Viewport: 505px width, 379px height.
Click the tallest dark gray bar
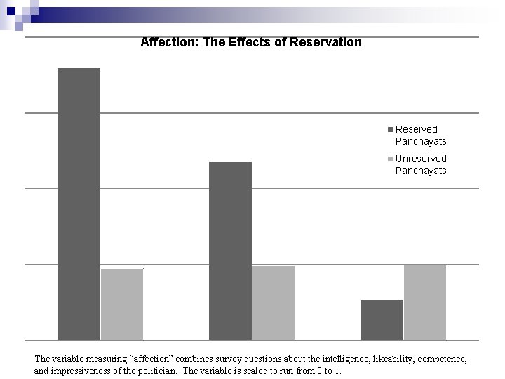point(79,204)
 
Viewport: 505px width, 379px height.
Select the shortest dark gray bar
point(382,320)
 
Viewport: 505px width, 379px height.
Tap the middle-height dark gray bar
point(230,251)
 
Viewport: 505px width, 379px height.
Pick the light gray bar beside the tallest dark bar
point(122,304)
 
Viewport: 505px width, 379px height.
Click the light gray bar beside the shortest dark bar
point(425,302)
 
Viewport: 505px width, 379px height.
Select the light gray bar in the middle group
point(274,302)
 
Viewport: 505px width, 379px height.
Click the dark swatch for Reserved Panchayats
point(391,130)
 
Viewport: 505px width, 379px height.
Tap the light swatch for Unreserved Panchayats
point(391,159)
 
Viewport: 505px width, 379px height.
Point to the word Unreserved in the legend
point(421,159)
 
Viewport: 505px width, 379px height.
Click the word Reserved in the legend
point(416,129)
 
